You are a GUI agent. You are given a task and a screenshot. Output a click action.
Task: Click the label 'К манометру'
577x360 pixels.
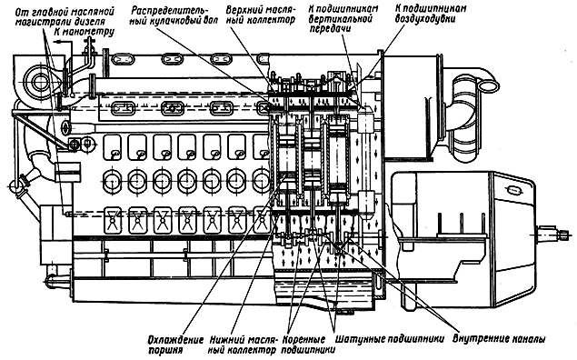(x=85, y=32)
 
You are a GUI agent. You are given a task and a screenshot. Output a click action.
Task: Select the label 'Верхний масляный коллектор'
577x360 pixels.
(x=261, y=15)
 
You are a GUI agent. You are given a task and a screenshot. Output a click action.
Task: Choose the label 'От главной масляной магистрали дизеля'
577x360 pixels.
(x=65, y=16)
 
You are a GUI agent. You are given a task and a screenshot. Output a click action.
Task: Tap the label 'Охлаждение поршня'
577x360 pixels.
(x=175, y=345)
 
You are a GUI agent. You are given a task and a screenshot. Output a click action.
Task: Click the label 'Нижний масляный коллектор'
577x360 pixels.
(x=244, y=345)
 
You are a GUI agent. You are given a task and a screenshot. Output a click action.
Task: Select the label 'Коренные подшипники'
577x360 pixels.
(x=308, y=345)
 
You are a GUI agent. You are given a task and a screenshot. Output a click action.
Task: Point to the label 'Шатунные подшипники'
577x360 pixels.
(x=390, y=339)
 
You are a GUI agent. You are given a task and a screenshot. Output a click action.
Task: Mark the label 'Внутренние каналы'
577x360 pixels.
(x=499, y=339)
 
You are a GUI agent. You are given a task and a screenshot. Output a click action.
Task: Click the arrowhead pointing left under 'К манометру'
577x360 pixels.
(x=56, y=43)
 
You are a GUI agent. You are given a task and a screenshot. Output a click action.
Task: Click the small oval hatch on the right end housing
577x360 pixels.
(x=514, y=190)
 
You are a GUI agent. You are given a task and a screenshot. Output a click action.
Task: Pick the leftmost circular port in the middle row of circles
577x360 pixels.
(x=112, y=181)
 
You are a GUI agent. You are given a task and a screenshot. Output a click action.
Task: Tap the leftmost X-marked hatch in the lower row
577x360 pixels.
(x=113, y=220)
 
